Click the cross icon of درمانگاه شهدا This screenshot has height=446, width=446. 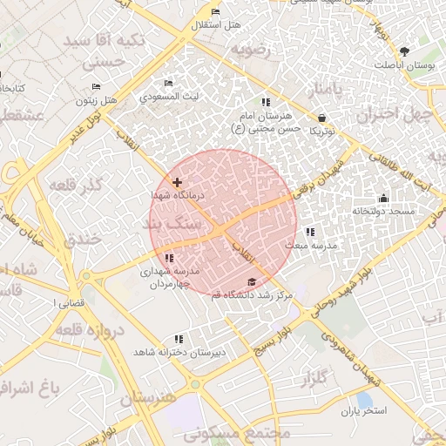(x=178, y=183)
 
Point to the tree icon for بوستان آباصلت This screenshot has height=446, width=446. (x=404, y=51)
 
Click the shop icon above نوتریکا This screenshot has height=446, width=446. (x=322, y=118)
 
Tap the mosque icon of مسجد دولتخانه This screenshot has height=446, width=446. (x=382, y=198)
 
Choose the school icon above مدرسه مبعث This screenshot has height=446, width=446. (x=310, y=232)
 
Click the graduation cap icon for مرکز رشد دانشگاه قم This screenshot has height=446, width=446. (x=253, y=281)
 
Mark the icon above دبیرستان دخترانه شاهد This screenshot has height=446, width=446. (x=179, y=339)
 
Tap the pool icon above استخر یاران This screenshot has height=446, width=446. (x=363, y=399)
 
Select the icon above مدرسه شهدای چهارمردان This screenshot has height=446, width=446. (x=169, y=258)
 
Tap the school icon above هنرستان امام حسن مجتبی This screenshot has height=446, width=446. (x=266, y=103)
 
